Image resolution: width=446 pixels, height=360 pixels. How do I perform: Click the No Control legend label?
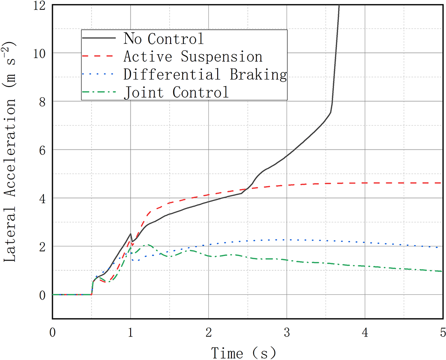[163, 39]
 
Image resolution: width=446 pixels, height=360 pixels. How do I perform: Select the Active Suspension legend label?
[193, 57]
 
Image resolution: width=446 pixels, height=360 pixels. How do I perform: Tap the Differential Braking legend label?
[205, 75]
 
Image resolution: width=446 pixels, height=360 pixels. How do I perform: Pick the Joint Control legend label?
[176, 93]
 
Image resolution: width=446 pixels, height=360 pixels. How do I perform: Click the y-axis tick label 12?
[40, 5]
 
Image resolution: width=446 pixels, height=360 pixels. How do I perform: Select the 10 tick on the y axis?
[40, 53]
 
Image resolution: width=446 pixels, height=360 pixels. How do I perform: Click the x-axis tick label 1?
[131, 332]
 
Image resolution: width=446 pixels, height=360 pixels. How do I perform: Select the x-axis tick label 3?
[287, 332]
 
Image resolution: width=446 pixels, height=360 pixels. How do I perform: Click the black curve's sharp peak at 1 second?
[130, 234]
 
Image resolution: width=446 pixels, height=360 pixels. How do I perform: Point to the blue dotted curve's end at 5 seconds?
[441, 247]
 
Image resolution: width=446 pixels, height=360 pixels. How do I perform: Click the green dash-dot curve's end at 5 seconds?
[441, 271]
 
